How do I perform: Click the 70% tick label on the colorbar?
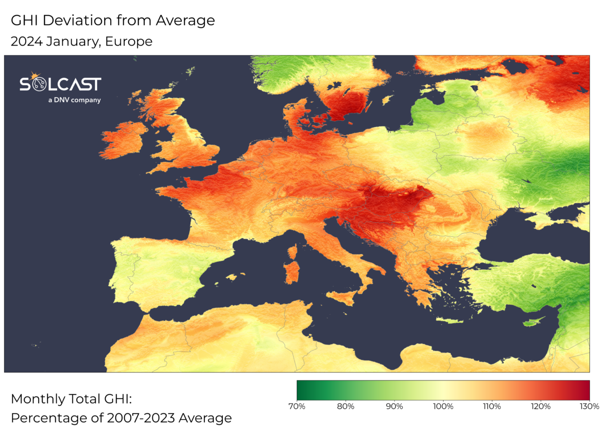(x=297, y=406)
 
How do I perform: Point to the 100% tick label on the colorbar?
(x=443, y=406)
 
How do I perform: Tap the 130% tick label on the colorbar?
(x=589, y=406)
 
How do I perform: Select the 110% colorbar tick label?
(x=492, y=406)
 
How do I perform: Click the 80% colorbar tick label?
(x=346, y=406)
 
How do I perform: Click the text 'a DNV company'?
(x=74, y=100)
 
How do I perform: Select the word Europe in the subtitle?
(x=130, y=42)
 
